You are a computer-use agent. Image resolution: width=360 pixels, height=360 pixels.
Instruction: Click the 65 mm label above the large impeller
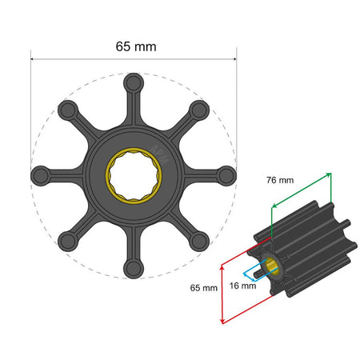(x=134, y=46)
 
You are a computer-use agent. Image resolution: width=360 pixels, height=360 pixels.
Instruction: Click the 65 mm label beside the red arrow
(x=204, y=286)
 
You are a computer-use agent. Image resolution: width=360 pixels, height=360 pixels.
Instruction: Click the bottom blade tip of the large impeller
(x=134, y=267)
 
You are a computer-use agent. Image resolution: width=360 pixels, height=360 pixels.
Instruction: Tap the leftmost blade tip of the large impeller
(x=40, y=174)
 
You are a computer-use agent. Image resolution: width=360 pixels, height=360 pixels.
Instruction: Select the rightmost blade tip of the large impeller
(x=227, y=174)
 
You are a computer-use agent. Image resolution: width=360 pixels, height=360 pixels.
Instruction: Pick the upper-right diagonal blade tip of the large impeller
(x=200, y=109)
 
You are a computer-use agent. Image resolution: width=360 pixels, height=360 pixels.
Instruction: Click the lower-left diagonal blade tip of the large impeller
(x=68, y=240)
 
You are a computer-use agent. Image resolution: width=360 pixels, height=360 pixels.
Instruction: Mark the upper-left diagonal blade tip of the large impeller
(x=68, y=109)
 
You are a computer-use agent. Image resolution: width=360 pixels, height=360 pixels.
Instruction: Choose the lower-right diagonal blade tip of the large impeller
(x=200, y=240)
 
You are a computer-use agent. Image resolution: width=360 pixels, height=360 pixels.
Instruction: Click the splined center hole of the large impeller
(x=134, y=174)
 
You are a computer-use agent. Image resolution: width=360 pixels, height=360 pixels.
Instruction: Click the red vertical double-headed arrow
(x=221, y=293)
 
